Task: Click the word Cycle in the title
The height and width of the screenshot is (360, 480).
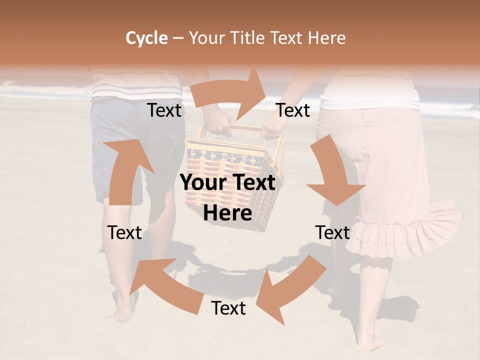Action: (146, 38)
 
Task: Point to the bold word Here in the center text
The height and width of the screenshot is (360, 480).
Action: (227, 213)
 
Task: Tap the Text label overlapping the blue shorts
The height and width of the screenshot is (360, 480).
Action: (164, 110)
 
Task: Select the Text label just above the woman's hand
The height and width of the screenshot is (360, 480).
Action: (293, 110)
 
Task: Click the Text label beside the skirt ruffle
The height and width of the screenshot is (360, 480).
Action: (332, 232)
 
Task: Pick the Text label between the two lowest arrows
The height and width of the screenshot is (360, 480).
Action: (228, 308)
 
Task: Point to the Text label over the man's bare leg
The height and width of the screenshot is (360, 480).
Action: (125, 232)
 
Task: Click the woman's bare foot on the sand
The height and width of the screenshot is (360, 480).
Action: (372, 342)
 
